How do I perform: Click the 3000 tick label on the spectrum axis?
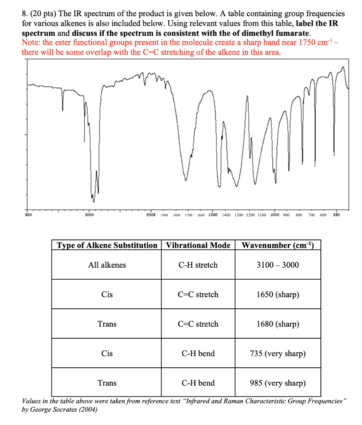[88, 215]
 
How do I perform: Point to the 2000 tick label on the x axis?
[151, 215]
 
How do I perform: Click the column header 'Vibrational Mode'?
[198, 245]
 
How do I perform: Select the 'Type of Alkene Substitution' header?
[107, 245]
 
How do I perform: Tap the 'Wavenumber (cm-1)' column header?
[278, 245]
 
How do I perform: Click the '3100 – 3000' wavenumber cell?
[278, 265]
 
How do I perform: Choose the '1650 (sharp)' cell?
[278, 295]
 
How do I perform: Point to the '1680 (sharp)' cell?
[278, 324]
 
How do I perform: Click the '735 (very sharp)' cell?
[278, 354]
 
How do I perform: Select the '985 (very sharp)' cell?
[278, 383]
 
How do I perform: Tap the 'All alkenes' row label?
[107, 265]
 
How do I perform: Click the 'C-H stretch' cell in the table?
[198, 265]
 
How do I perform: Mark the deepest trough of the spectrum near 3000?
[93, 201]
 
